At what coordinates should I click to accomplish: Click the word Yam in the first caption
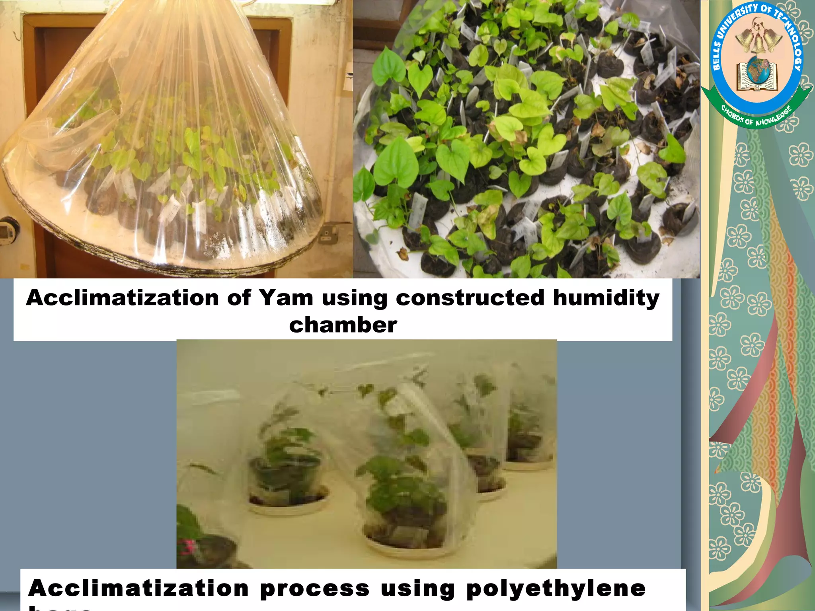(286, 298)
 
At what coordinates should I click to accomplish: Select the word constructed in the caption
(470, 298)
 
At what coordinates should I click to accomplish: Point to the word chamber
(343, 325)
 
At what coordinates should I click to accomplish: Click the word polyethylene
(556, 588)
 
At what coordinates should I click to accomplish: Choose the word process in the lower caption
(314, 589)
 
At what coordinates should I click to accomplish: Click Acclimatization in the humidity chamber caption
(122, 298)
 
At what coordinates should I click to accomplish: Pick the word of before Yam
(238, 298)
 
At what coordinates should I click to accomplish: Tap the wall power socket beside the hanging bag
(328, 234)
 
